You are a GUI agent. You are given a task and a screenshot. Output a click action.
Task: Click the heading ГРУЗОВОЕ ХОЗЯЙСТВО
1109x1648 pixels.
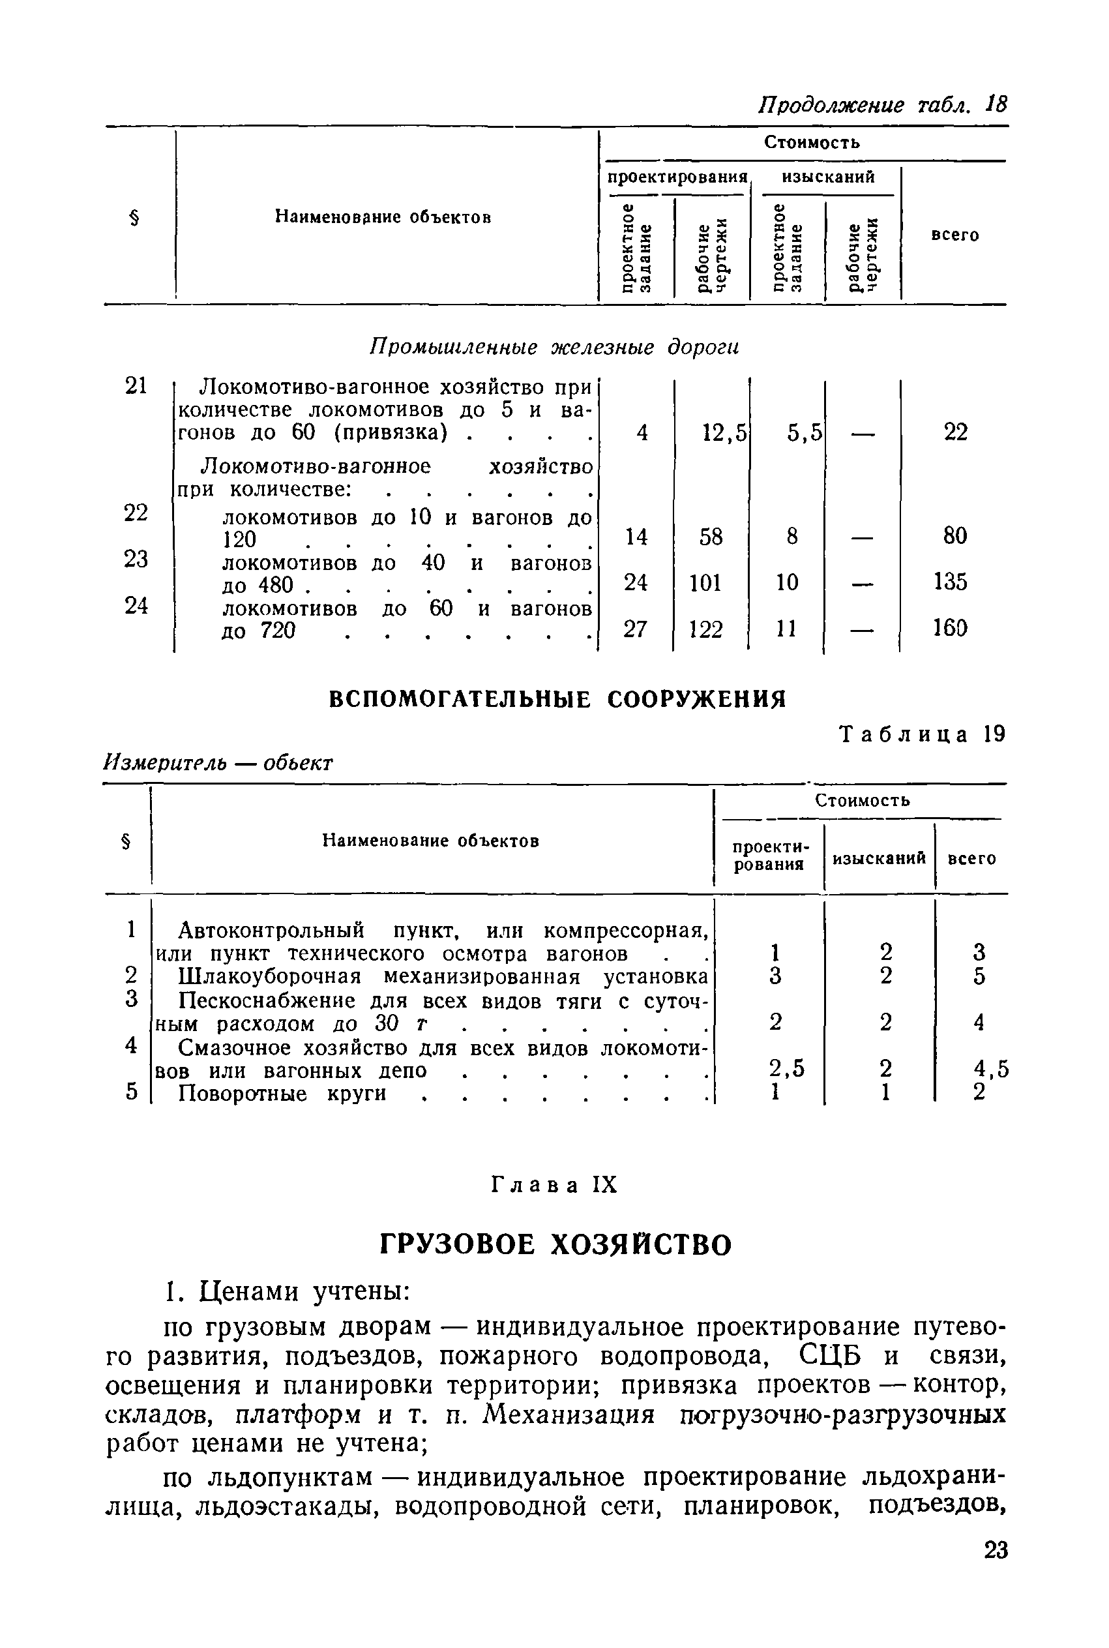click(x=556, y=1245)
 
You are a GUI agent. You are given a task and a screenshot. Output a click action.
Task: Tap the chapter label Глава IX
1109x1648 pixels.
click(x=554, y=1185)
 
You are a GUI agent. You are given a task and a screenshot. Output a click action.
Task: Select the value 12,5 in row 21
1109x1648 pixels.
click(x=724, y=432)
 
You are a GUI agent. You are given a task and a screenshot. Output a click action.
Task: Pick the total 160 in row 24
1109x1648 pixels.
click(x=949, y=628)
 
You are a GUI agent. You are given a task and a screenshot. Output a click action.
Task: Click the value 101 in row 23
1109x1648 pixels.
click(x=705, y=583)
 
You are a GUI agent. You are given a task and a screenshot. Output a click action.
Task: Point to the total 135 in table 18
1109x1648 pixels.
click(x=949, y=582)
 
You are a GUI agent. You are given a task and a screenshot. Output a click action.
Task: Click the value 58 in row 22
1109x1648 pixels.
click(x=710, y=537)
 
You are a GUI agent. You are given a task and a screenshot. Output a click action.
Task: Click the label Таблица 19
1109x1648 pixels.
click(x=922, y=735)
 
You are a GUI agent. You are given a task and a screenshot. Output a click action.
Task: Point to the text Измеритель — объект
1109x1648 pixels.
click(x=218, y=762)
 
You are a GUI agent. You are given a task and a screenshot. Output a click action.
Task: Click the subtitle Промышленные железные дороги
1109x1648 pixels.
click(x=554, y=348)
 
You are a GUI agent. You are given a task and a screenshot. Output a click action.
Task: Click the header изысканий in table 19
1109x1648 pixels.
click(x=878, y=858)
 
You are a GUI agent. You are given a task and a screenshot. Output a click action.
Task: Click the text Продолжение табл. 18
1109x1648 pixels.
click(x=882, y=105)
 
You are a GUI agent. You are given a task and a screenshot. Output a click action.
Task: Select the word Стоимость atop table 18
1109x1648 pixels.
click(x=811, y=142)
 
